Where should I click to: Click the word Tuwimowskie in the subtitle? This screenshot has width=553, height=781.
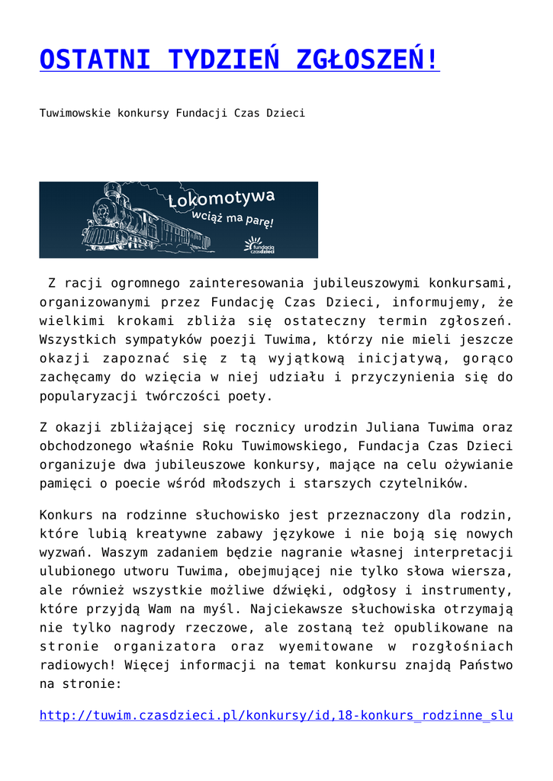(x=75, y=113)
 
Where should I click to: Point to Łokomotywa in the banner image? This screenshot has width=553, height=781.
(x=221, y=201)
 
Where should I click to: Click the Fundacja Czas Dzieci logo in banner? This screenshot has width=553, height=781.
(x=259, y=246)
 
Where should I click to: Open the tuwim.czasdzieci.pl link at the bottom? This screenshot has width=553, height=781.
(x=275, y=716)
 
